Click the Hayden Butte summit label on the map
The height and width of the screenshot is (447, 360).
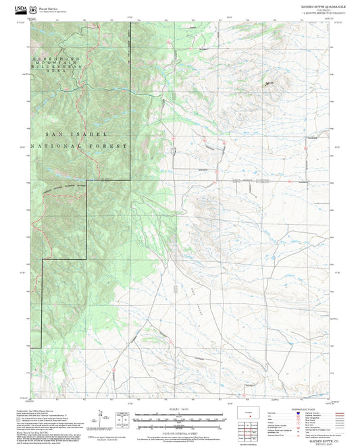pos(270,83)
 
